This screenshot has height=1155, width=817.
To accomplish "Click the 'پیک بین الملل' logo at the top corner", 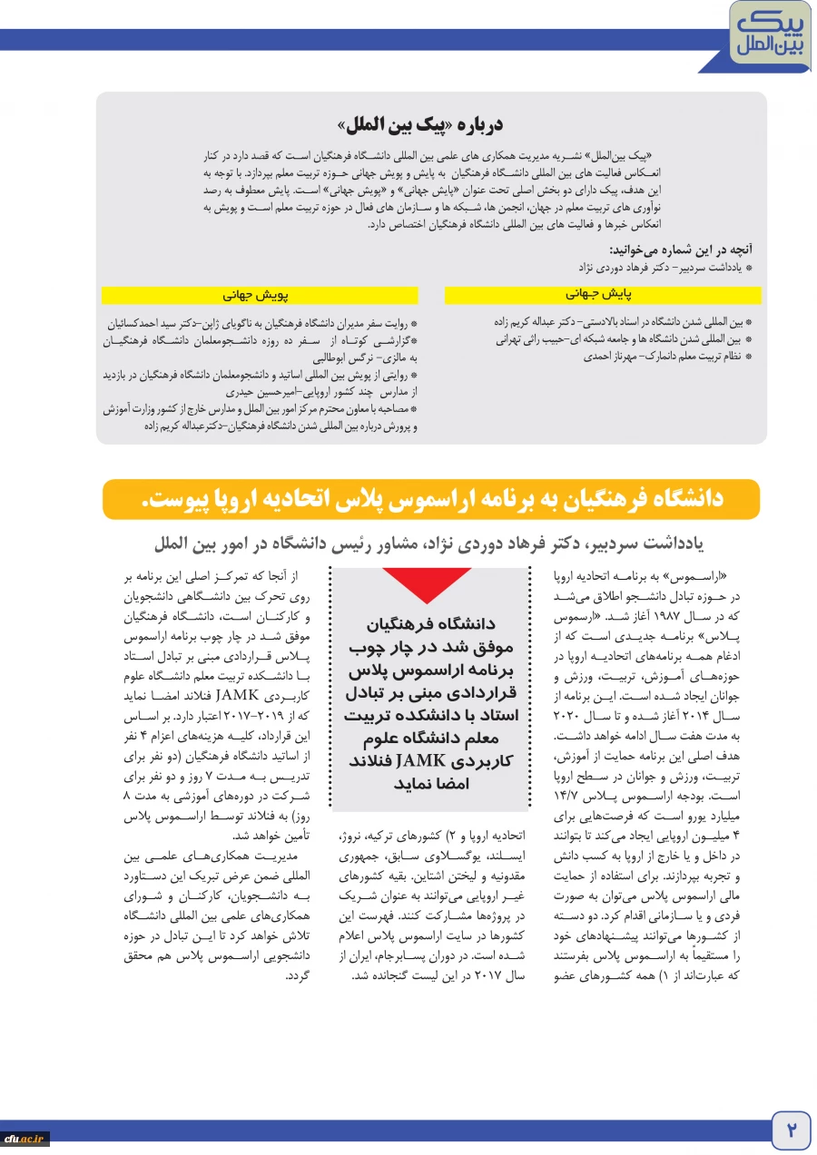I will pos(769,34).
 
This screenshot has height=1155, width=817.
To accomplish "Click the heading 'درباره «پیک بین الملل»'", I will pos(419,124).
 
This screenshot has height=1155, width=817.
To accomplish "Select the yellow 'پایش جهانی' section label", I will pos(602,295).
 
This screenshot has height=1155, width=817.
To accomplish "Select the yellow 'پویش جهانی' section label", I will pos(260,295).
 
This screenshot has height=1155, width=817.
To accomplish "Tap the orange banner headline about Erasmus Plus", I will pos(431,499).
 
